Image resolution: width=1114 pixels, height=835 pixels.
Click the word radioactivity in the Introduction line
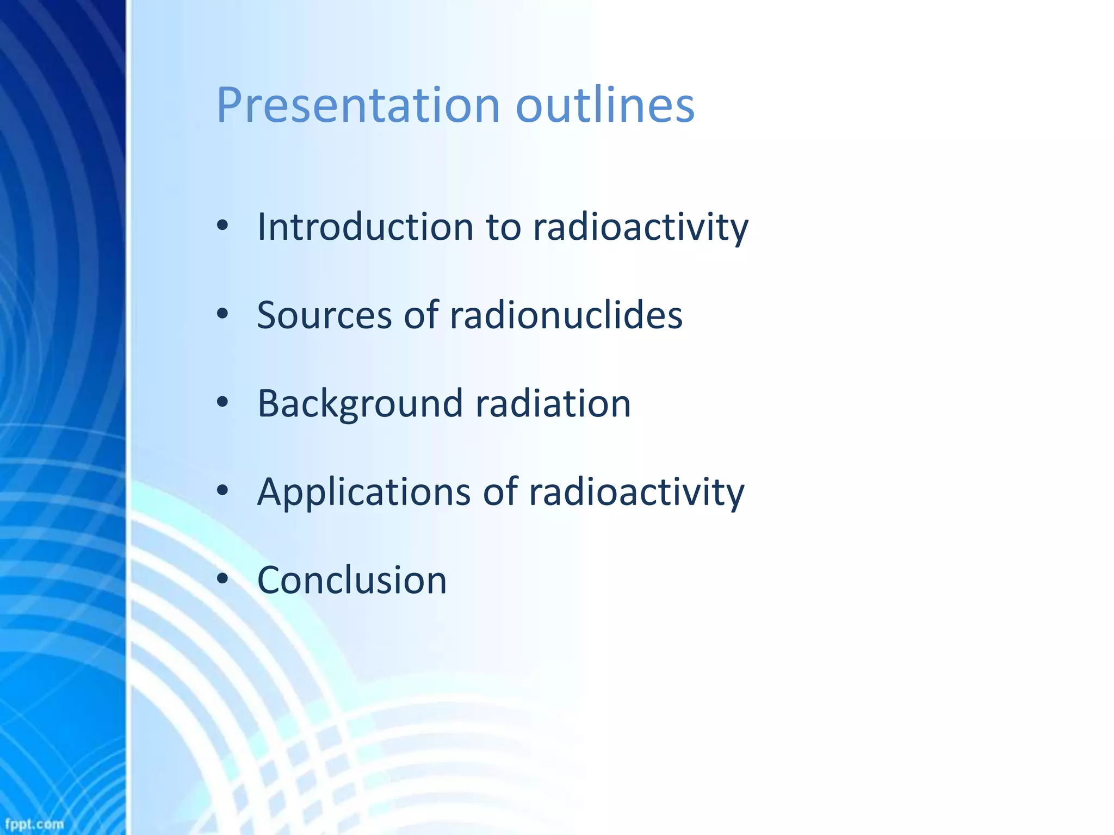[x=640, y=227]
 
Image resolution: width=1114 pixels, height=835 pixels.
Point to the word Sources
[x=324, y=315]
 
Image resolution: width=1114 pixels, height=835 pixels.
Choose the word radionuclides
[x=566, y=315]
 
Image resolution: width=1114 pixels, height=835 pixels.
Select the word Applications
[x=364, y=492]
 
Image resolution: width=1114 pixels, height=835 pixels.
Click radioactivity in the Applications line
[x=636, y=492]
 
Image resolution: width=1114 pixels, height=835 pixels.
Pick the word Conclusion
[x=351, y=580]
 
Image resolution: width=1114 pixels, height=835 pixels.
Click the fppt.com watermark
[x=34, y=824]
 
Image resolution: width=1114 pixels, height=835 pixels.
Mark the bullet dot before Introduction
[x=222, y=226]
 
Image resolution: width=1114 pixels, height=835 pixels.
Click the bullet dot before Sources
[x=222, y=314]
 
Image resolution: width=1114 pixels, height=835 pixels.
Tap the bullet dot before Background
[x=222, y=402]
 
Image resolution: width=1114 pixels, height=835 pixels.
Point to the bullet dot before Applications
[x=222, y=490]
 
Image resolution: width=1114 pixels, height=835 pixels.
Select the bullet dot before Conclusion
[x=222, y=579]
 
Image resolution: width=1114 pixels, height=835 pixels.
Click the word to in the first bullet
[x=504, y=227]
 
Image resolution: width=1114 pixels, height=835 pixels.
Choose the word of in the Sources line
[x=421, y=315]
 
